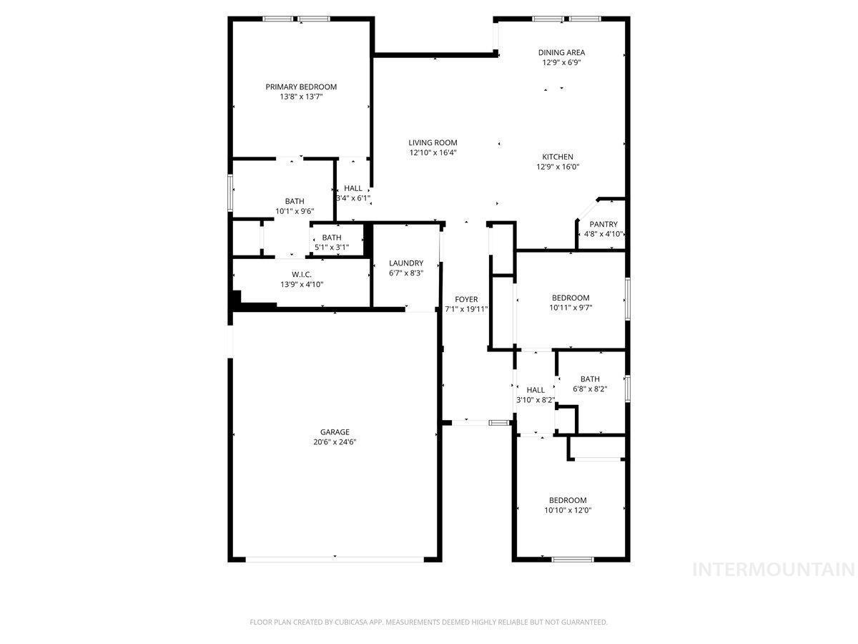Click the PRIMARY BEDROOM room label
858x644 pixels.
(x=301, y=87)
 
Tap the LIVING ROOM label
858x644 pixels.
(x=433, y=142)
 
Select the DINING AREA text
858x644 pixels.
(x=561, y=52)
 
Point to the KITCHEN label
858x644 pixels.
(x=558, y=157)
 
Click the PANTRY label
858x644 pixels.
(x=603, y=224)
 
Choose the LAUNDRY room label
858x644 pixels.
(x=406, y=263)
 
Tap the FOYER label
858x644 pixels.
(x=466, y=299)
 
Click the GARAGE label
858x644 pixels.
(x=335, y=431)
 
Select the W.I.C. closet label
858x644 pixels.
(x=302, y=275)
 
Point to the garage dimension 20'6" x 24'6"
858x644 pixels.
(x=335, y=441)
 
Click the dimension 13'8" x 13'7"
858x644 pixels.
(x=301, y=97)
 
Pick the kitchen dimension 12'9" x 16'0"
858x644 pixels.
(x=558, y=167)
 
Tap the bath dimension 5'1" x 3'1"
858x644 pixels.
(x=332, y=248)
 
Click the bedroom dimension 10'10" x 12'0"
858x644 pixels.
(x=568, y=510)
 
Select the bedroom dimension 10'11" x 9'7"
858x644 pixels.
(x=571, y=308)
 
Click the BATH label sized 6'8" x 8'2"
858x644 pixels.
(x=590, y=379)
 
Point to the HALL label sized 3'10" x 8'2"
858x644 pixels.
(x=536, y=390)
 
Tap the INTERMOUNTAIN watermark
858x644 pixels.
(x=774, y=570)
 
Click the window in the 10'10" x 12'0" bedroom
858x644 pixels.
(x=572, y=560)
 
